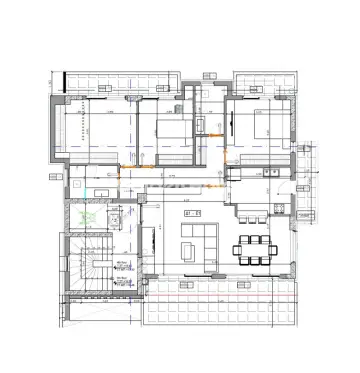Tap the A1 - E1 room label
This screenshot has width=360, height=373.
[193, 212]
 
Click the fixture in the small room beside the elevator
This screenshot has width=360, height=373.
[118, 215]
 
